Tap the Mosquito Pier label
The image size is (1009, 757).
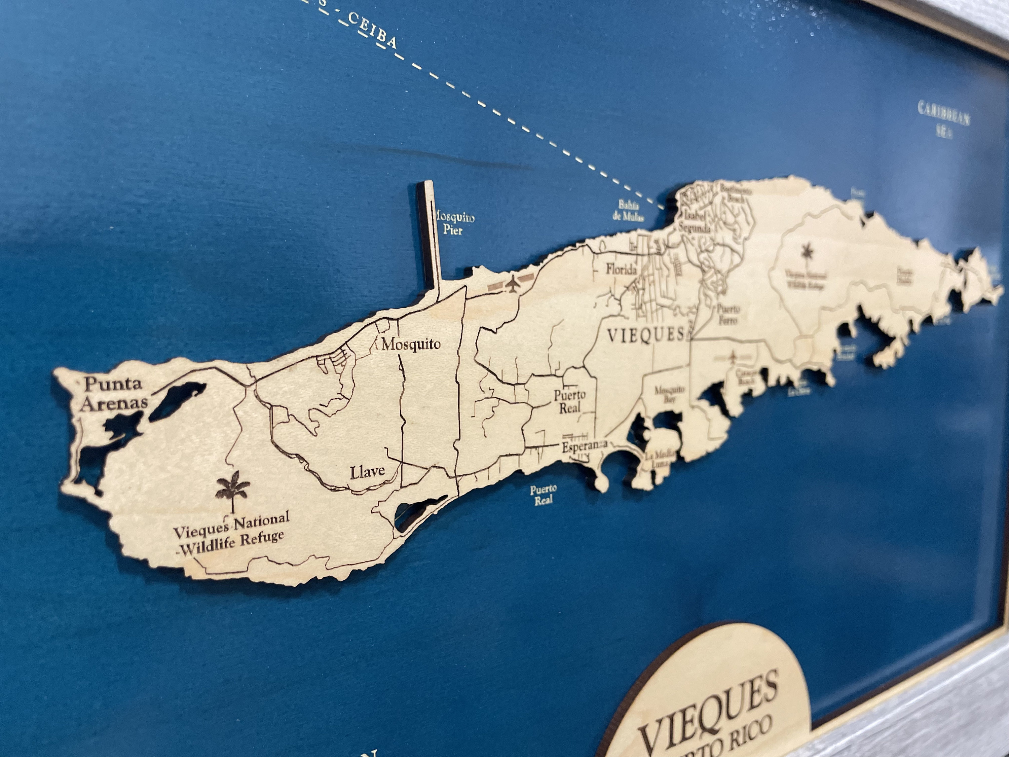pyautogui.click(x=454, y=223)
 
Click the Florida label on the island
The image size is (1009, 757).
pyautogui.click(x=621, y=270)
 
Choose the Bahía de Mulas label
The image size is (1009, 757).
pyautogui.click(x=628, y=210)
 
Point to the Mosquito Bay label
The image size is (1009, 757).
pyautogui.click(x=670, y=395)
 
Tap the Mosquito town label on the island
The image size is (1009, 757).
pyautogui.click(x=411, y=344)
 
